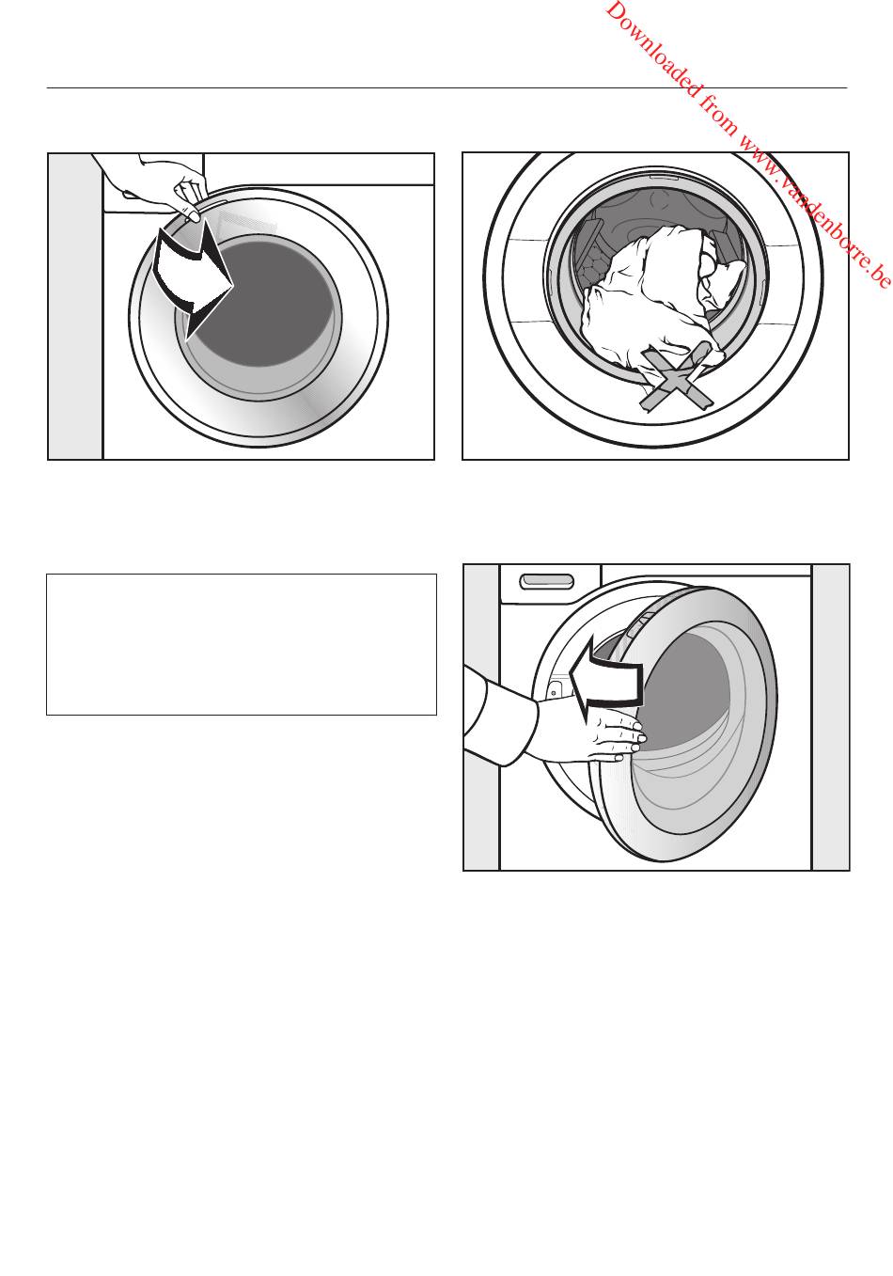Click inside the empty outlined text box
(x=242, y=644)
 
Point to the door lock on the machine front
(x=555, y=685)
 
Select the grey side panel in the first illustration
(x=75, y=307)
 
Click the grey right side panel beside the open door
(x=830, y=717)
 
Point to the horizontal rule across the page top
(x=447, y=88)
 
